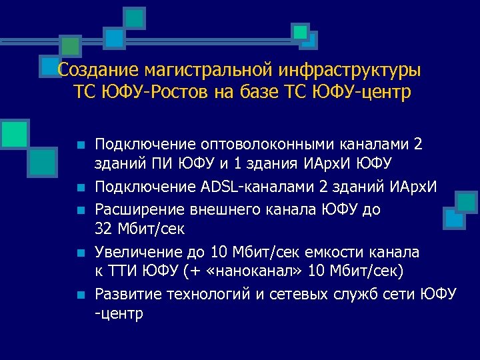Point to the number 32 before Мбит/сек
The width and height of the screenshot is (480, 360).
click(x=105, y=229)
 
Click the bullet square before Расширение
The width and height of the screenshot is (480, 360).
click(x=80, y=211)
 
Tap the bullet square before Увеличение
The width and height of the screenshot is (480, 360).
click(x=80, y=253)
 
